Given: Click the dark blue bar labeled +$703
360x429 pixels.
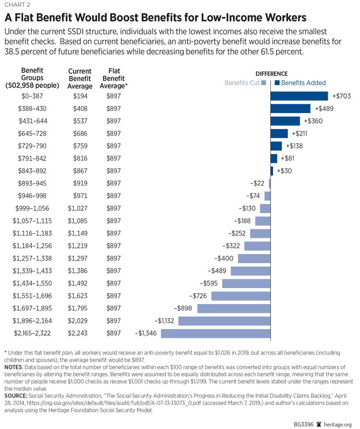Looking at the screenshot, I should [x=299, y=96].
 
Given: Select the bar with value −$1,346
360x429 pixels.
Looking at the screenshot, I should [x=216, y=333].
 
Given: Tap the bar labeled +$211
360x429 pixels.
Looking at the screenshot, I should [x=279, y=134].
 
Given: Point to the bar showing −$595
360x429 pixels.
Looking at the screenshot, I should [x=247, y=284].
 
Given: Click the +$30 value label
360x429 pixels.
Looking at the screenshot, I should [x=285, y=171].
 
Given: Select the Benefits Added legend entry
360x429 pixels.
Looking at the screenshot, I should [x=300, y=83].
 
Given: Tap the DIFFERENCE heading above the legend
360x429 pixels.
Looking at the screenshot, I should [x=271, y=74].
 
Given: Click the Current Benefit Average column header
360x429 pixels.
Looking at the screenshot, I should [x=80, y=79].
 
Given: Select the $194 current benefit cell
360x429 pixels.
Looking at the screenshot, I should [x=80, y=96].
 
